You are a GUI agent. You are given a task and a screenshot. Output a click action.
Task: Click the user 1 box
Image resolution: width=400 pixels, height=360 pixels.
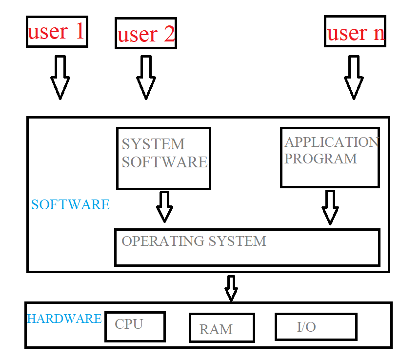(57, 32)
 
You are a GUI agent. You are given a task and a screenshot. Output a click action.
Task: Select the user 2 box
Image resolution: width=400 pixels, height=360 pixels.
(145, 34)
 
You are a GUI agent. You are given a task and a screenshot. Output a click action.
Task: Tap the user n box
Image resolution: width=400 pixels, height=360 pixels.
(355, 32)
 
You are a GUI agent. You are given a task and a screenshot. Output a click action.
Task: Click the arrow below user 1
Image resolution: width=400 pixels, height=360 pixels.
(60, 78)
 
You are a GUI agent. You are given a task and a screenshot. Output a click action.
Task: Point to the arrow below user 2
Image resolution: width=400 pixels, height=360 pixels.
(145, 78)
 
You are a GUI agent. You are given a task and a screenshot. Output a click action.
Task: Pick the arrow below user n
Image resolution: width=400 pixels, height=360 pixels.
(354, 78)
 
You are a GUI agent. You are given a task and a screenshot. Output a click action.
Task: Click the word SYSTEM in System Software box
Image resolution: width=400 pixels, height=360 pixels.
(153, 144)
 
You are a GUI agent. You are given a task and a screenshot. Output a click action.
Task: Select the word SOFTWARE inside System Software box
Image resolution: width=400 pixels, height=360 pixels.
(164, 162)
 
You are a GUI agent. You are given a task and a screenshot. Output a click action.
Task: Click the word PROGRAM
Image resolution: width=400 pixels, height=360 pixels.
(320, 159)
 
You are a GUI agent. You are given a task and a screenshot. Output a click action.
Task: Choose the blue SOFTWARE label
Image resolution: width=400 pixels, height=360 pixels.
(70, 204)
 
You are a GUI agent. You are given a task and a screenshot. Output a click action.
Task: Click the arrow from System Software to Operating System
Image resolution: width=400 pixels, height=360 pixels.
(164, 207)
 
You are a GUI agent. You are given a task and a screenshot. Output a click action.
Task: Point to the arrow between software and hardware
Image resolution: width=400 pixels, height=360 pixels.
(231, 288)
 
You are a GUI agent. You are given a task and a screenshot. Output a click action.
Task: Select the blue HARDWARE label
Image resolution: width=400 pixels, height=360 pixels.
(64, 319)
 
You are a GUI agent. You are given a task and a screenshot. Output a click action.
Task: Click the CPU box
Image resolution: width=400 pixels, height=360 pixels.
(135, 326)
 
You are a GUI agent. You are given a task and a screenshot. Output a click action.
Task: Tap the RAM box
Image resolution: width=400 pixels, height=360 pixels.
(221, 327)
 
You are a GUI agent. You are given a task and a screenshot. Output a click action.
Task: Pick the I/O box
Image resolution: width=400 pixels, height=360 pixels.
(316, 326)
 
